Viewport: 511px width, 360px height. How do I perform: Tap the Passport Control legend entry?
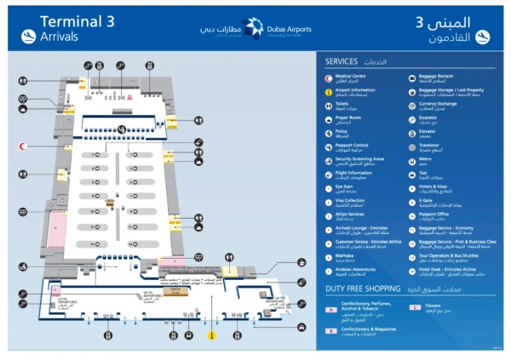point(351,146)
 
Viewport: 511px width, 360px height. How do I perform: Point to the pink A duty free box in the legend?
point(330,308)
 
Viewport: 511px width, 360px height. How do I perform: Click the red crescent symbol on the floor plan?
point(24,145)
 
